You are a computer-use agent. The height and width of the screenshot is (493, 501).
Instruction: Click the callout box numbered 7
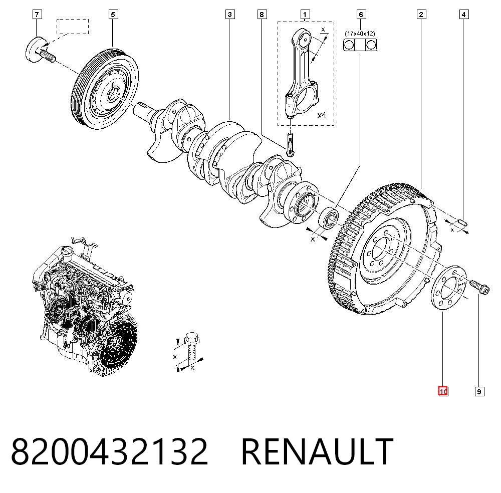37,15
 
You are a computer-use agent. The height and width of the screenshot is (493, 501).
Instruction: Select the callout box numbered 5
113,15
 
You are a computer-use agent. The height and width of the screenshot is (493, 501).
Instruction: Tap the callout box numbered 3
230,15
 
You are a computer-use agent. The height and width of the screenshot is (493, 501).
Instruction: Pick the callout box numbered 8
262,15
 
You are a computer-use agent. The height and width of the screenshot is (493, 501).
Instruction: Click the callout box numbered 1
305,15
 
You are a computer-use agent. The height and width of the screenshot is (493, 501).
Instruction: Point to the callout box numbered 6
361,15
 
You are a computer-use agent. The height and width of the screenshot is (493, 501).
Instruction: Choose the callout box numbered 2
421,15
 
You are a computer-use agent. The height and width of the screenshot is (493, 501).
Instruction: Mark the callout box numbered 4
464,15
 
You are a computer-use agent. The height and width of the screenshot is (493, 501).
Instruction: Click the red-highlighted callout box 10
443,391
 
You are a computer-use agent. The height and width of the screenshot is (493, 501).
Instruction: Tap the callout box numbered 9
479,391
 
